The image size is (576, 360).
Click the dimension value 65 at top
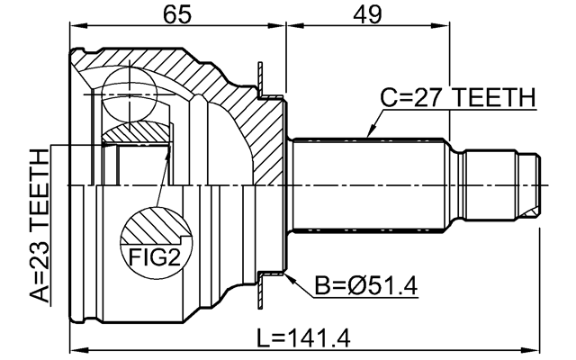[176, 14]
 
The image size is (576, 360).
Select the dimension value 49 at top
[366, 14]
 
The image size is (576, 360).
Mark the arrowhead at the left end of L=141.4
[76, 347]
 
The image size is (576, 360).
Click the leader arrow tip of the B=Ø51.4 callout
[287, 275]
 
